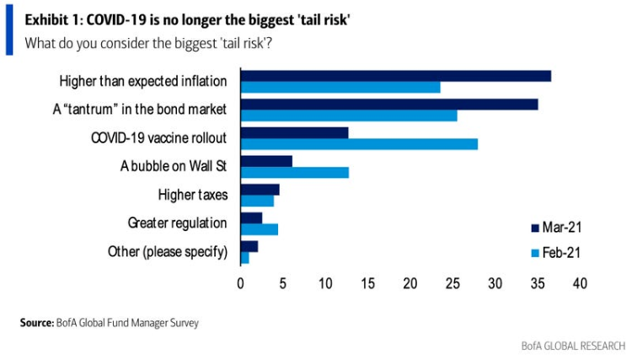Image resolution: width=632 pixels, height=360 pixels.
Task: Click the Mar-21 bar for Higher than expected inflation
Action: pyautogui.click(x=395, y=76)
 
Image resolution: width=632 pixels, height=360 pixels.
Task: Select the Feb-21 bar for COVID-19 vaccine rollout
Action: pyautogui.click(x=359, y=144)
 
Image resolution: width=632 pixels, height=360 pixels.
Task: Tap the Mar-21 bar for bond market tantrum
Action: pyautogui.click(x=388, y=105)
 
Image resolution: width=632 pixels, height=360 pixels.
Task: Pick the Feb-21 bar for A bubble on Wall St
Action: pyautogui.click(x=294, y=173)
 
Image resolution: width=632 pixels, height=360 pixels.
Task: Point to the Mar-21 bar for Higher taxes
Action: pyautogui.click(x=260, y=190)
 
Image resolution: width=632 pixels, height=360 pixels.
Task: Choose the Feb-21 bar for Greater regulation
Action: pyautogui.click(x=259, y=229)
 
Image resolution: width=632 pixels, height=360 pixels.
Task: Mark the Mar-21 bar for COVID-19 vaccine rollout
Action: pyautogui.click(x=294, y=132)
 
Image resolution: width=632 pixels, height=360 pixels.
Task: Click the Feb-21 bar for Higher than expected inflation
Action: pyautogui.click(x=340, y=87)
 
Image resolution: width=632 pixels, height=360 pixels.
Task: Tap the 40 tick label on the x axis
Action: pyautogui.click(x=580, y=284)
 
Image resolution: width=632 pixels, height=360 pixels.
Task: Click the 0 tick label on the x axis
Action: pyautogui.click(x=241, y=284)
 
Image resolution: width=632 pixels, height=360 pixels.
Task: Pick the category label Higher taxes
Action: pyautogui.click(x=193, y=195)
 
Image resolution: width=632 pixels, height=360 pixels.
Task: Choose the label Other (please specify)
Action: pyautogui.click(x=168, y=251)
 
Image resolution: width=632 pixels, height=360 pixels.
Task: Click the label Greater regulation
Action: pyautogui.click(x=177, y=223)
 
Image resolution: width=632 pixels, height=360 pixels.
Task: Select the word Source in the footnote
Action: pyautogui.click(x=37, y=322)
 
